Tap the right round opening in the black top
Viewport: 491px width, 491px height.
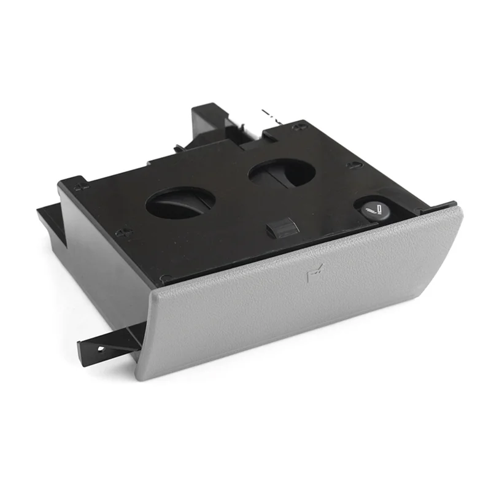282,172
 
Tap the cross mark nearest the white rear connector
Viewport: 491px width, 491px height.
298,127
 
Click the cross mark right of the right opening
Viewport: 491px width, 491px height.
352,164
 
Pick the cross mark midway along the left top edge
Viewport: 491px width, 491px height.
123,232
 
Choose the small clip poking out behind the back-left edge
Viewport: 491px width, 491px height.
178,147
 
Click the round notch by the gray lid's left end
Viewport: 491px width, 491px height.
163,279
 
